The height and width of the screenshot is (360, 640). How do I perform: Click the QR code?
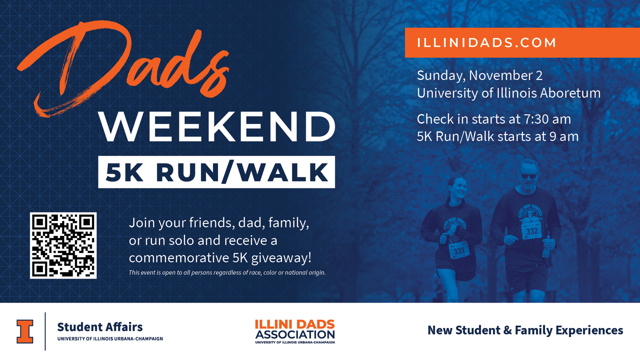[63, 246]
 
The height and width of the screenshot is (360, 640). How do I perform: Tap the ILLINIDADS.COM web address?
[487, 43]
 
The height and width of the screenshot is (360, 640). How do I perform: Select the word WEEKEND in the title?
[217, 127]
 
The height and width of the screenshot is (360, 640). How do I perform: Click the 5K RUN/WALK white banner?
[217, 172]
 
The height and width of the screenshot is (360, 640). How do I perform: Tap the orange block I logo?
[25, 332]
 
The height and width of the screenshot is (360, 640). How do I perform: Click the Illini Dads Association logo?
[295, 332]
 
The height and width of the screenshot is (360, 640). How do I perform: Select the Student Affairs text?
[100, 327]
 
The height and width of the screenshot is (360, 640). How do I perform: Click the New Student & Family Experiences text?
[525, 330]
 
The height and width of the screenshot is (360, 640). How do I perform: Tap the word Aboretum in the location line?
[570, 93]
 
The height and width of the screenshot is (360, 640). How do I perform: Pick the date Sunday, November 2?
[480, 76]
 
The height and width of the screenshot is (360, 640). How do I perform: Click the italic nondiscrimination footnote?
[227, 273]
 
